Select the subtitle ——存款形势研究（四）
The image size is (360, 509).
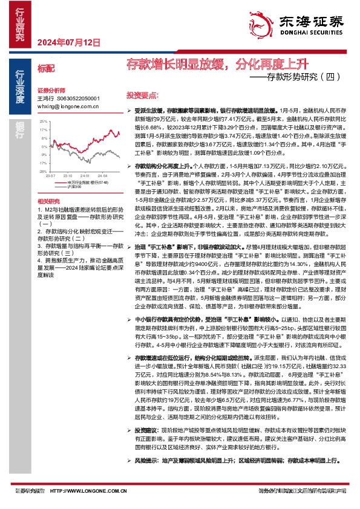click(296, 77)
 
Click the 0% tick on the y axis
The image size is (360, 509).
click(44, 146)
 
